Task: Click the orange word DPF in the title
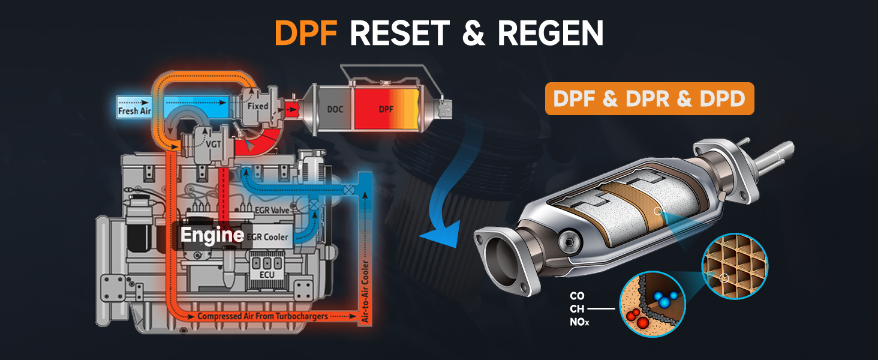[306, 33]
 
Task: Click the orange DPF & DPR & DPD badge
[649, 98]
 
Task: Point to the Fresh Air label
[135, 111]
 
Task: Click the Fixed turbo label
[258, 106]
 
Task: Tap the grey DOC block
[335, 109]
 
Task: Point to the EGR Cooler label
[267, 236]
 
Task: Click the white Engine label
[212, 235]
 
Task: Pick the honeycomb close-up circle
[735, 266]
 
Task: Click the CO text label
[577, 296]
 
